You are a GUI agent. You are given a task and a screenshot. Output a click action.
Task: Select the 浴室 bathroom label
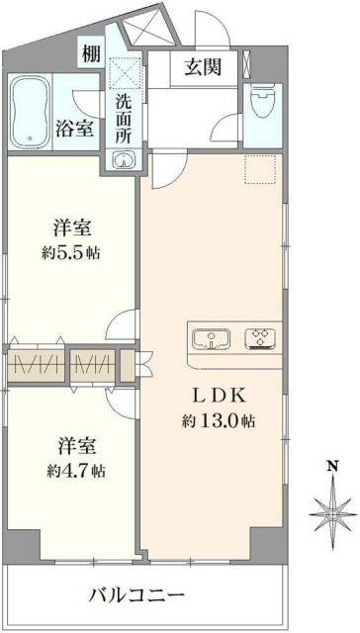coord(76,129)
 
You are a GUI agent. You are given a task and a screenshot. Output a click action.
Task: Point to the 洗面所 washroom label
coord(123,116)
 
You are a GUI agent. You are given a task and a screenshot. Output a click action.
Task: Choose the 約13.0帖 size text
coord(219,420)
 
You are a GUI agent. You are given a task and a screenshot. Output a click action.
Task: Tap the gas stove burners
coord(260,339)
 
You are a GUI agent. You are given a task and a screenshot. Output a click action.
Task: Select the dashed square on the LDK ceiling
coord(258,171)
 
